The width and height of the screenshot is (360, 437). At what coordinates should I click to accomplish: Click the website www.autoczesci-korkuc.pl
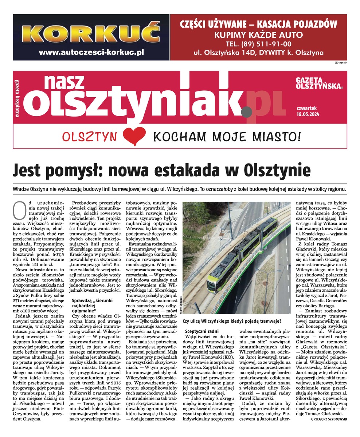pyautogui.click(x=91, y=52)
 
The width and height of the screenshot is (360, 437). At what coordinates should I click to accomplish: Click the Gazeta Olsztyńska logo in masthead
pyautogui.click(x=320, y=83)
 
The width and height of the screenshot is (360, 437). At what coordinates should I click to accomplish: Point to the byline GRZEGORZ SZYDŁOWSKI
pyautogui.click(x=329, y=419)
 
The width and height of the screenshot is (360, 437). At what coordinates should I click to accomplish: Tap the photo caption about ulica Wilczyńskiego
pyautogui.click(x=232, y=321)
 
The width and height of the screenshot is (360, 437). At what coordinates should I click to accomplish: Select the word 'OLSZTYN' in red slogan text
pyautogui.click(x=90, y=137)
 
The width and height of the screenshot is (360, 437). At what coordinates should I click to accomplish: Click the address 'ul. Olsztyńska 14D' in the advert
pyautogui.click(x=226, y=53)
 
